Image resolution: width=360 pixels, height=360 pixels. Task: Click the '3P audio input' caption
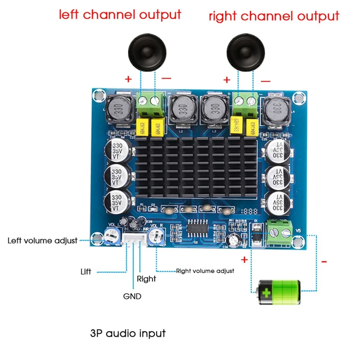128,333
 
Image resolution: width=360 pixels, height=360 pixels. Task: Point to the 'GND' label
132,297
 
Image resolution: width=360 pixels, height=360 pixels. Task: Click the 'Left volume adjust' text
42,240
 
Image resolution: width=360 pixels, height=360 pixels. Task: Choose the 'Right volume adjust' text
205,271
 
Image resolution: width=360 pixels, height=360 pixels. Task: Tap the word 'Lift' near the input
85,272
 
